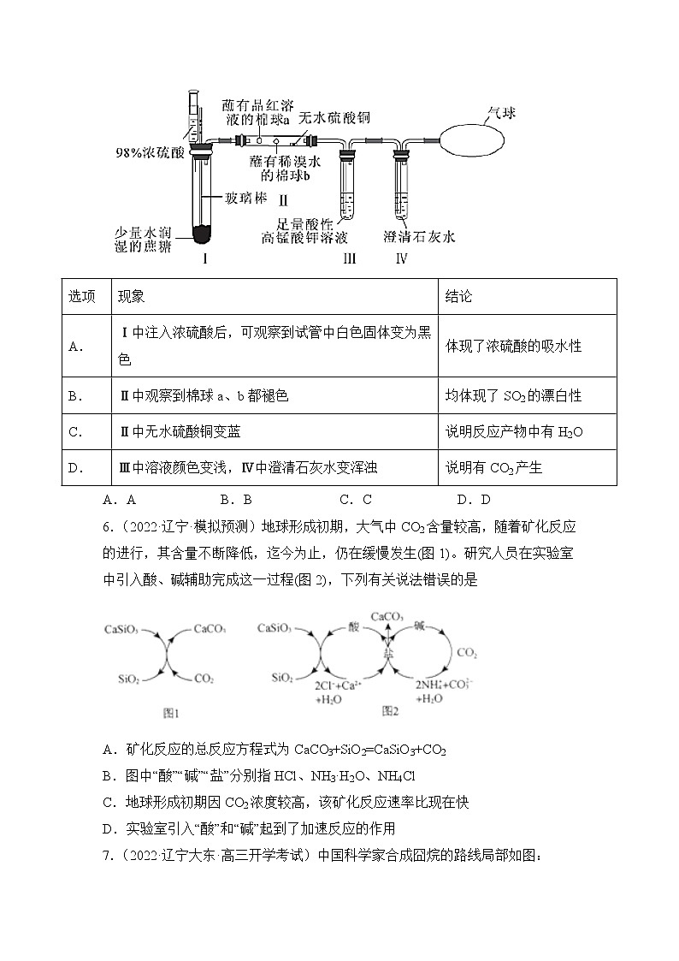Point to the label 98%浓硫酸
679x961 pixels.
(150, 152)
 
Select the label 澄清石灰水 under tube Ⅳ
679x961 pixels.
(419, 237)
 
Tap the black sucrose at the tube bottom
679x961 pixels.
(203, 232)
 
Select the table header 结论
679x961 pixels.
(458, 296)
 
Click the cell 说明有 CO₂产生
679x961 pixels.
(494, 467)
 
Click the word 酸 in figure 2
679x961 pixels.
(353, 626)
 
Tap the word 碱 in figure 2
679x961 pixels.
(418, 626)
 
